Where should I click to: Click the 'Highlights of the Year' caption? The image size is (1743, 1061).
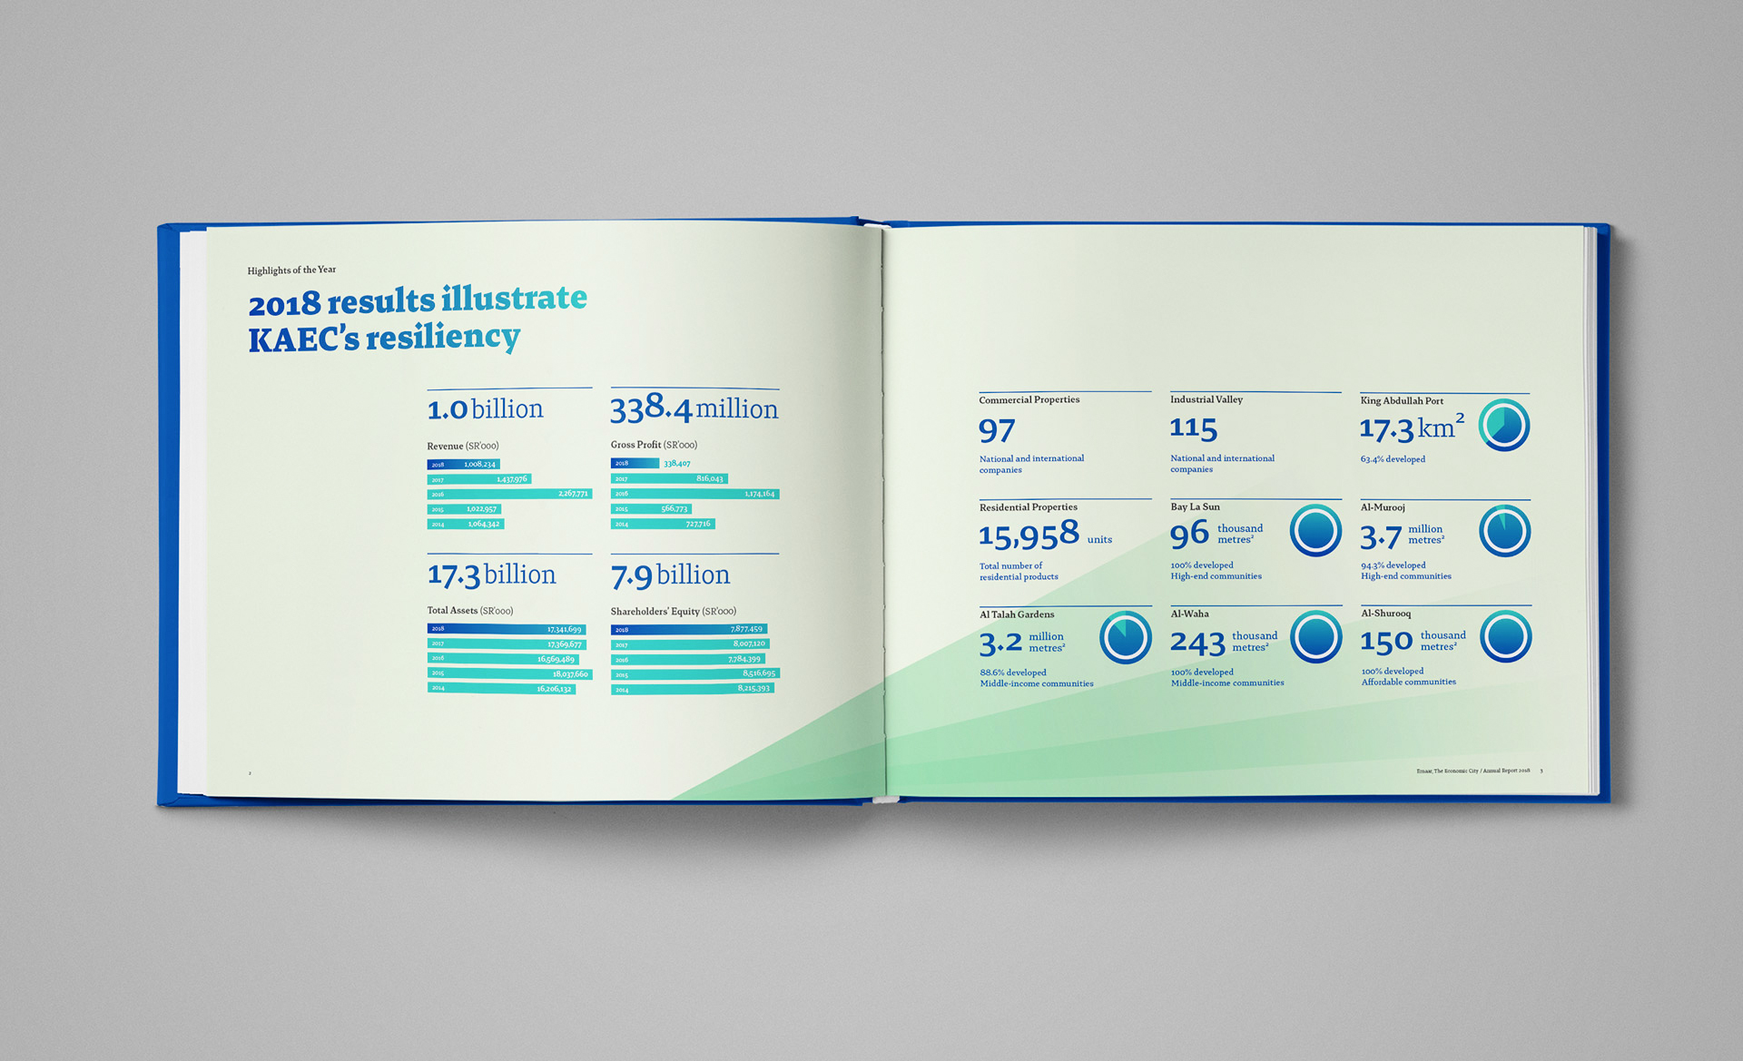coord(291,270)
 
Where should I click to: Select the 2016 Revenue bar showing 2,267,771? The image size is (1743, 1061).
coord(509,494)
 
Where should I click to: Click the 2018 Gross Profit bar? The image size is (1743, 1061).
coord(635,463)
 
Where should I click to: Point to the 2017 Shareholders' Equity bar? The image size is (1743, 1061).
coord(689,643)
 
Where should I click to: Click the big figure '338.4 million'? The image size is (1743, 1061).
coord(694,409)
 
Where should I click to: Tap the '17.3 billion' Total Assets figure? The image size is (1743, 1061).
coord(491,575)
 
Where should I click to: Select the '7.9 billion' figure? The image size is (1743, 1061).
coord(670,575)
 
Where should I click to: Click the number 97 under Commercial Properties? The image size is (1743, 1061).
coord(997,430)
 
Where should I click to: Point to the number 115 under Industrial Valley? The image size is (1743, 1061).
coord(1193,428)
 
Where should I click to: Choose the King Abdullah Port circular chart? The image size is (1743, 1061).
coord(1503,426)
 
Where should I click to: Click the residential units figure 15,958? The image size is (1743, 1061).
coord(1029,535)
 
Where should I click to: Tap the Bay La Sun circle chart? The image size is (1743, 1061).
coord(1315,531)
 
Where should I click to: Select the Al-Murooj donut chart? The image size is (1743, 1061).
coord(1504,531)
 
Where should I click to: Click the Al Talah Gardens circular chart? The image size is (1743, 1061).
coord(1125,637)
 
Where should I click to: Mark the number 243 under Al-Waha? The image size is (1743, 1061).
coord(1197,643)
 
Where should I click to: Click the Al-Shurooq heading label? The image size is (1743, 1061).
coord(1385,614)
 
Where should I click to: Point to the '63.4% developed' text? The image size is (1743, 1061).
coord(1393,459)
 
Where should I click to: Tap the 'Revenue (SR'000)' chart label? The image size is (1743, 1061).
coord(463,446)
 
